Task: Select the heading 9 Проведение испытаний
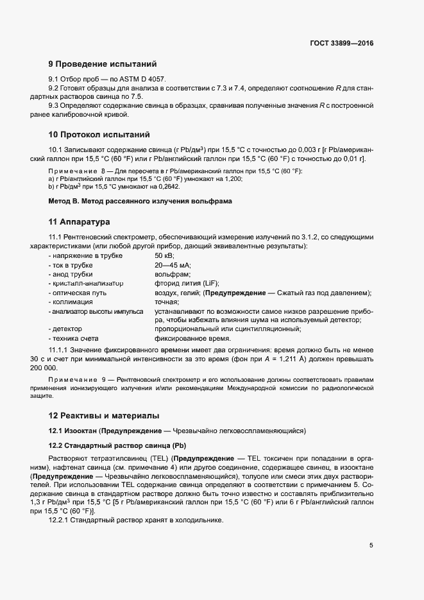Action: coord(103,64)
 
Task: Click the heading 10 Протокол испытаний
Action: coord(99,135)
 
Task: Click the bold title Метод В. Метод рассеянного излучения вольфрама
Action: coord(140,201)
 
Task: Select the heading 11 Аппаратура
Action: coord(80,222)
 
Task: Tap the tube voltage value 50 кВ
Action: coord(164,256)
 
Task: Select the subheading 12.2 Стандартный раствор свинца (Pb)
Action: coord(117,445)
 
